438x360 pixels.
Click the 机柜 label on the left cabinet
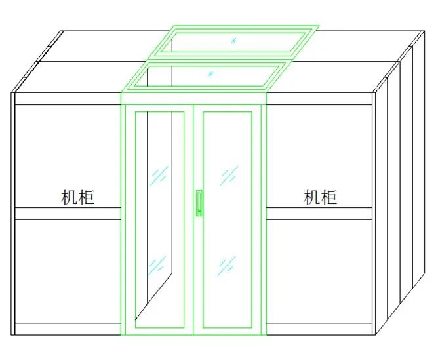pos(78,197)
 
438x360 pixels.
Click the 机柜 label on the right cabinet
pos(321,197)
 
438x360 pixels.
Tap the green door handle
pos(198,203)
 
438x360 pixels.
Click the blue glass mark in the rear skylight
pos(233,40)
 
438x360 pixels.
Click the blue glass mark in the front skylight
pos(210,73)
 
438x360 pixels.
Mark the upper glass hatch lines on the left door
pos(160,175)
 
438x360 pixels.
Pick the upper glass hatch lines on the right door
pos(229,175)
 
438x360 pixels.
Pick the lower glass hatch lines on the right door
pos(227,264)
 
